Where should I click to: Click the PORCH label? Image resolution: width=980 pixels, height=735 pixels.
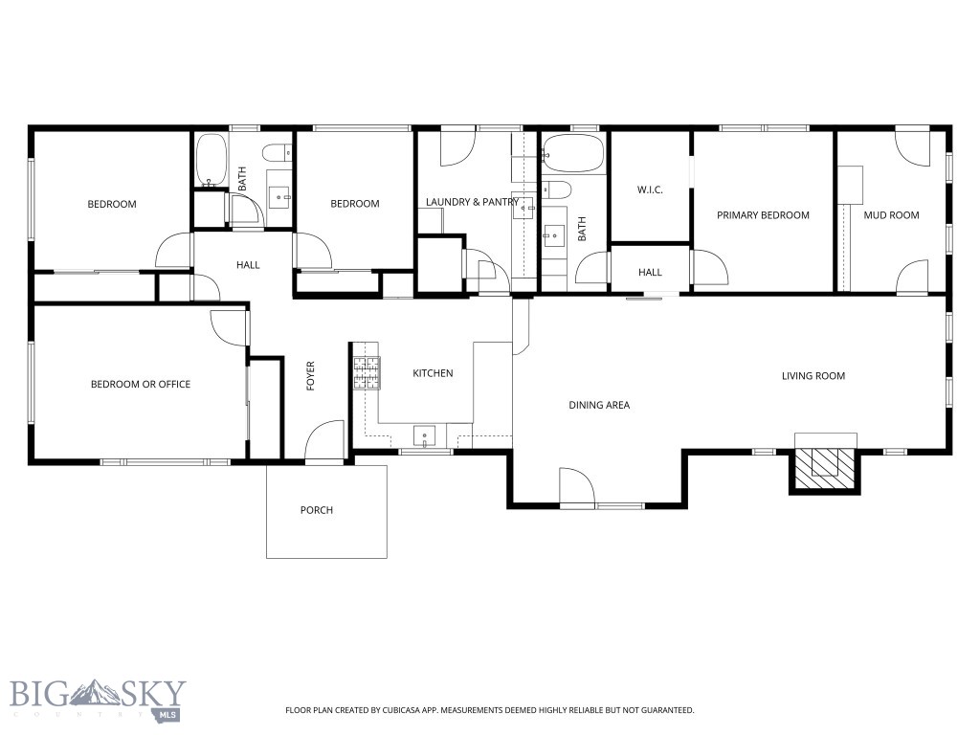point(317,510)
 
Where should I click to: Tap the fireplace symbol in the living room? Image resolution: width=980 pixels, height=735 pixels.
point(823,462)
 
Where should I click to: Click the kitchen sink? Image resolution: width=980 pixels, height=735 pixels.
point(424,436)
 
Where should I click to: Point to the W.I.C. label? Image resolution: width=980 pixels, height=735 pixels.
point(650,190)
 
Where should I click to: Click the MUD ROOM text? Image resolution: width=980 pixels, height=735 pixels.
point(891,215)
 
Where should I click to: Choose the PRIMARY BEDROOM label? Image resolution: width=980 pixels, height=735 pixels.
point(763,215)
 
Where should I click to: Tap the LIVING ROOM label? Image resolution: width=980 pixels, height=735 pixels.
point(813,376)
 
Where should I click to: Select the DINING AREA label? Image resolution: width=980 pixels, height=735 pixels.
point(599,405)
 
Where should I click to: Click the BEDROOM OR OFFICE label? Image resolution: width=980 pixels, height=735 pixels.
point(141,385)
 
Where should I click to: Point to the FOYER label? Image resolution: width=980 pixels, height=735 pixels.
point(311,376)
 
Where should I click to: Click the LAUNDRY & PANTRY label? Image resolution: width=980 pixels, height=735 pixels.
point(472,202)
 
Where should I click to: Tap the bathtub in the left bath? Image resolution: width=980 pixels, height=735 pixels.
point(211,160)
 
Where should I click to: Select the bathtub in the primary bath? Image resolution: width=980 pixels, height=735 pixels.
point(573,153)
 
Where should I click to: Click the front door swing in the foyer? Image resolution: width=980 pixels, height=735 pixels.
point(326,441)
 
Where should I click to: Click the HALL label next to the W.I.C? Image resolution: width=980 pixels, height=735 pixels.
point(650,273)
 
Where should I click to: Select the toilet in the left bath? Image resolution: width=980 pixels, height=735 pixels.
point(277,153)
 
